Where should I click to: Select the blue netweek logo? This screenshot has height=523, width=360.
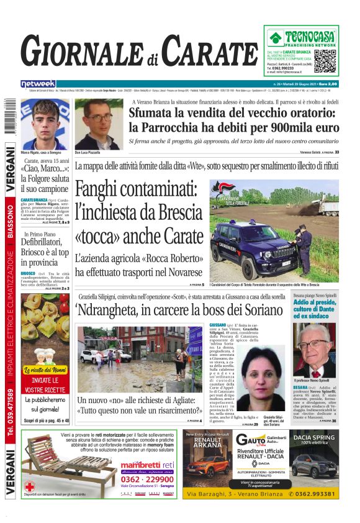[38, 83]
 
